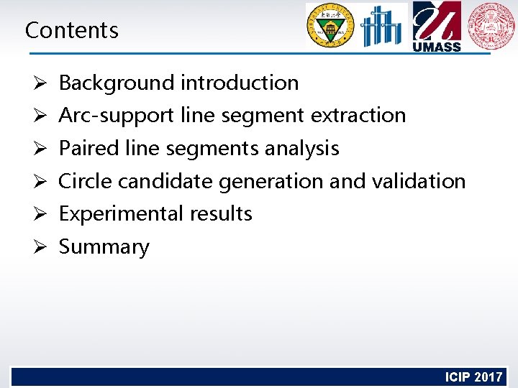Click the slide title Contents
(71, 30)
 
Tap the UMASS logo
(437, 27)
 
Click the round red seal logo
(491, 26)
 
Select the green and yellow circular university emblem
(330, 27)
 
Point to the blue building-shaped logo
(383, 27)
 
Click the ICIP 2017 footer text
(473, 377)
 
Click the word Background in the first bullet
(117, 83)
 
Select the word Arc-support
(117, 116)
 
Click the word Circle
(86, 181)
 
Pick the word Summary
(104, 247)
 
